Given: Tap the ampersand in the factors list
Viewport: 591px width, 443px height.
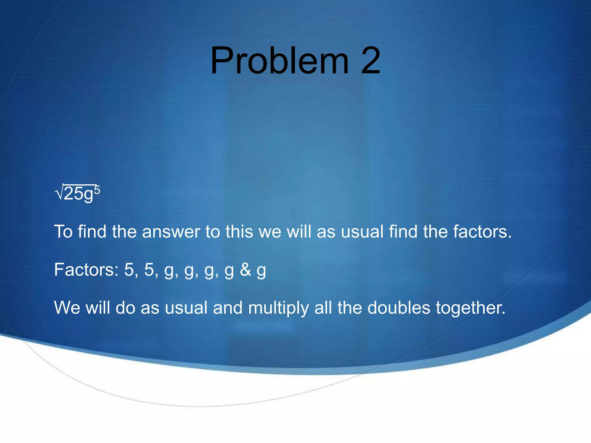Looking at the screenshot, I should click(245, 270).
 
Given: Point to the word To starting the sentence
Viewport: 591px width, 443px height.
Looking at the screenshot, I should click(63, 232).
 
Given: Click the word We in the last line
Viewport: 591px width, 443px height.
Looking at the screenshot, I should click(67, 307).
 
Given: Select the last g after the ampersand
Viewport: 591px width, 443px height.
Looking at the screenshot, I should click(261, 271).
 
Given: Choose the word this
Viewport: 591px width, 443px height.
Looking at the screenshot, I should click(239, 232).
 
